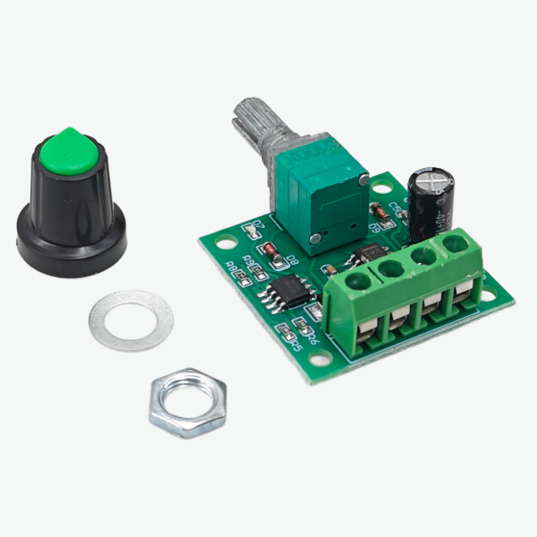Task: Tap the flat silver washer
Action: (131, 320)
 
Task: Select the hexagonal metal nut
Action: (188, 402)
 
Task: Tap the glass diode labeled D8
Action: (269, 251)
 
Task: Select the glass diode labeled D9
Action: (380, 211)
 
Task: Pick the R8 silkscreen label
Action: (230, 264)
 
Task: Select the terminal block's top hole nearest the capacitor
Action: (456, 243)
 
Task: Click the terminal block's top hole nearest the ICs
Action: (357, 281)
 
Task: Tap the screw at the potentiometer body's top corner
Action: (363, 180)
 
